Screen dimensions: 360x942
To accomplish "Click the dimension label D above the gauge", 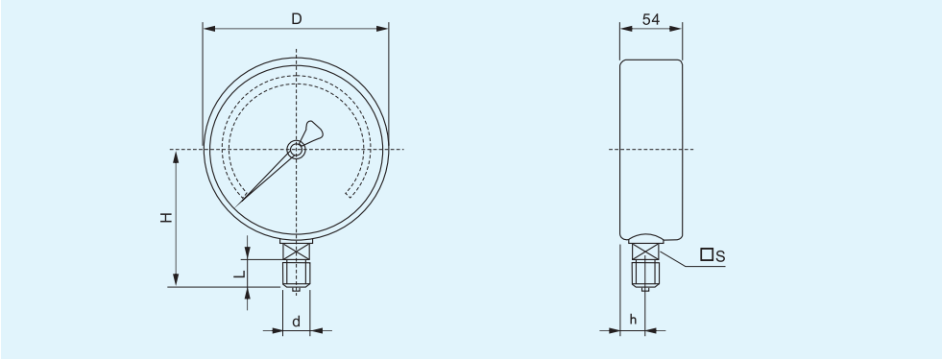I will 296,18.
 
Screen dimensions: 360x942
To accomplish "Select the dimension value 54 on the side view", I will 650,18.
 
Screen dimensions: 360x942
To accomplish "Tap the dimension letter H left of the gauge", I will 166,218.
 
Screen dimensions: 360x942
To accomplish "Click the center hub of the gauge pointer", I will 297,149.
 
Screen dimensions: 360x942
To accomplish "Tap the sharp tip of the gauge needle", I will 239,201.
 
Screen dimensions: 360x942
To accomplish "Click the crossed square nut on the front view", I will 297,252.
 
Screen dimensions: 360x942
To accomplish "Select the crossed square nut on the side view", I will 644,252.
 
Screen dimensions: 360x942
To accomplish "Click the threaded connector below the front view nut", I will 297,274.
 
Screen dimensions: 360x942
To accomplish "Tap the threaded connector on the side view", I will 644,275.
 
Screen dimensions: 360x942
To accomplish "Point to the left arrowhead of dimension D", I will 206,28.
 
